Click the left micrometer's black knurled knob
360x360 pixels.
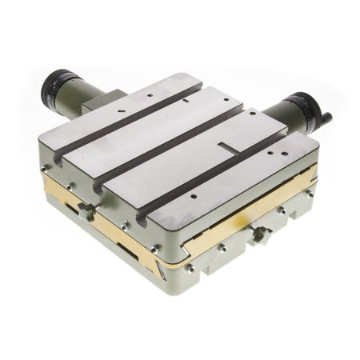tap(57, 82)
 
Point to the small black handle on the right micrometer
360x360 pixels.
tap(326, 120)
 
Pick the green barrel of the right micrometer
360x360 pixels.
tap(277, 111)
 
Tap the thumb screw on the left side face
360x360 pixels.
tap(86, 211)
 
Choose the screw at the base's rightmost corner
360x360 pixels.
tap(309, 193)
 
